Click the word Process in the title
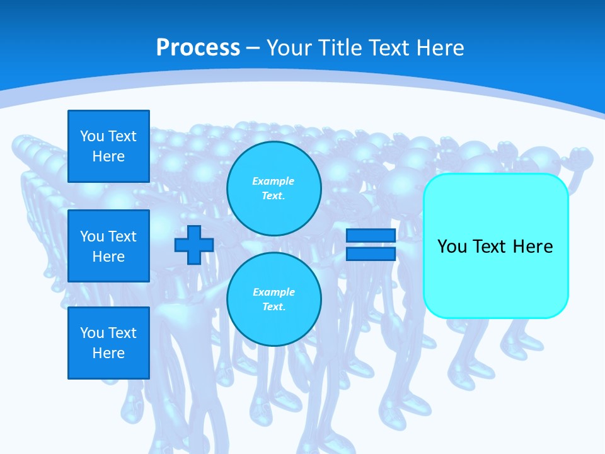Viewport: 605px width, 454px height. click(x=198, y=48)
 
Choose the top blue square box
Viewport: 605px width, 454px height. click(x=108, y=146)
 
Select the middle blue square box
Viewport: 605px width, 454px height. click(x=108, y=246)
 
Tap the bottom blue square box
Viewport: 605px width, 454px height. click(x=108, y=343)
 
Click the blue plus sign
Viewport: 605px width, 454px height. click(x=194, y=245)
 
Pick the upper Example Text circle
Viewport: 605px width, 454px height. click(x=274, y=189)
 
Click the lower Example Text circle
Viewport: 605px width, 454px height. click(x=274, y=300)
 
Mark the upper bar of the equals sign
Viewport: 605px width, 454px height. click(x=371, y=236)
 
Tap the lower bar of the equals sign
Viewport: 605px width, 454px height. click(x=371, y=253)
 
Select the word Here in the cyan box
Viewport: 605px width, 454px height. click(x=533, y=247)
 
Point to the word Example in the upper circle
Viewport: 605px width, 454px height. click(x=274, y=182)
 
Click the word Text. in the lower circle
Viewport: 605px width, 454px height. click(x=274, y=307)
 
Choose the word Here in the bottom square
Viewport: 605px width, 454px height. click(x=108, y=353)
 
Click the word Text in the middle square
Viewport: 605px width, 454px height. click(x=122, y=236)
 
